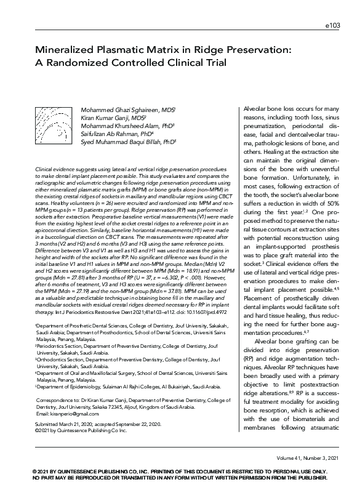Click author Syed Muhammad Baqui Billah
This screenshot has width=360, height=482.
(127, 141)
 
